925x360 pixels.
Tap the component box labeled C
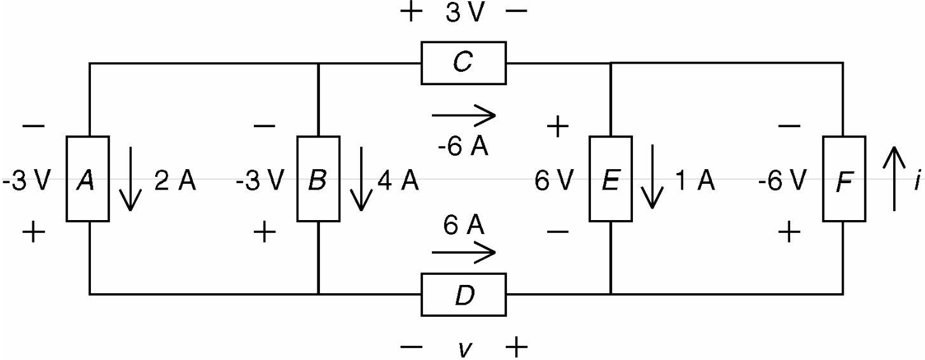(463, 63)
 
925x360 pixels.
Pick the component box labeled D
(463, 294)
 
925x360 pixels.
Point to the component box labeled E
(610, 179)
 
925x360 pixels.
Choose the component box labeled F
(844, 179)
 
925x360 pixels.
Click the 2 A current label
(175, 182)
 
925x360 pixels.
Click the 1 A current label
(695, 182)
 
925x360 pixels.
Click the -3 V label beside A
(25, 182)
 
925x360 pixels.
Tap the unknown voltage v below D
(464, 349)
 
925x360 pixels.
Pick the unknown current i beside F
(917, 182)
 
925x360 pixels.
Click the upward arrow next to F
(894, 178)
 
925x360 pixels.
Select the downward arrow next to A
(130, 178)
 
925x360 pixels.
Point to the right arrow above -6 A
(463, 116)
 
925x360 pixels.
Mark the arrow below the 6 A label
(463, 253)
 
